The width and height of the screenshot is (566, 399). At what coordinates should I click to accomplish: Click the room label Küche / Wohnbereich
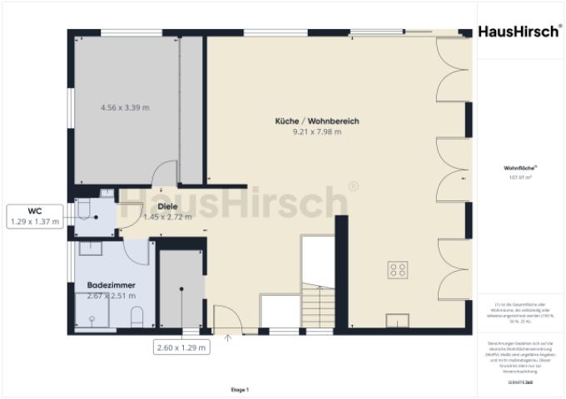(x=316, y=121)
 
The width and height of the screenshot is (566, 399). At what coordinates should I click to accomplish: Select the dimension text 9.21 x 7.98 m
(x=316, y=132)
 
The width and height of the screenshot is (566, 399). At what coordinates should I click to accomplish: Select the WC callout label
(x=35, y=211)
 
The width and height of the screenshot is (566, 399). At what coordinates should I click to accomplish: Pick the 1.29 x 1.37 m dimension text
(x=35, y=222)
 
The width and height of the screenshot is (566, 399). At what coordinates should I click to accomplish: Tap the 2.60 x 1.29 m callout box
(x=182, y=347)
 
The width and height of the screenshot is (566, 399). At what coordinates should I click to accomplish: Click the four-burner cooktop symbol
(x=398, y=269)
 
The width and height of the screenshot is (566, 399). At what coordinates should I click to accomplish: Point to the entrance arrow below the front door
(x=228, y=337)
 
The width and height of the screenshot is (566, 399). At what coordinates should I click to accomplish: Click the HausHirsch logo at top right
(x=519, y=32)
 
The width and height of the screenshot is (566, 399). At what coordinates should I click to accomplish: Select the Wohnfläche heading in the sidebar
(x=519, y=168)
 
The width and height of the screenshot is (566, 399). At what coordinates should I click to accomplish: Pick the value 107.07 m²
(x=519, y=177)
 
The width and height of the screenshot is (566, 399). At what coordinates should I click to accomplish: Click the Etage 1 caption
(x=240, y=389)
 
